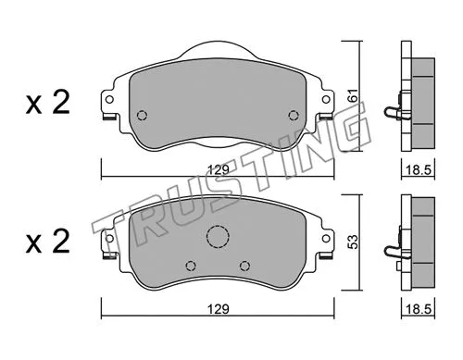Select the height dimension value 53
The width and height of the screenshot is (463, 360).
[x=351, y=240]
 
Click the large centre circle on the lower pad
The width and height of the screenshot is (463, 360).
[x=218, y=238]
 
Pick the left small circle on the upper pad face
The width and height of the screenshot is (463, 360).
[x=142, y=116]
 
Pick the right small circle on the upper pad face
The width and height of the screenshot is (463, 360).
[x=294, y=116]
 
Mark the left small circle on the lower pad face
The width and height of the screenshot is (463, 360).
[x=191, y=265]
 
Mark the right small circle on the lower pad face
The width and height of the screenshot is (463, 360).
[x=244, y=265]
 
